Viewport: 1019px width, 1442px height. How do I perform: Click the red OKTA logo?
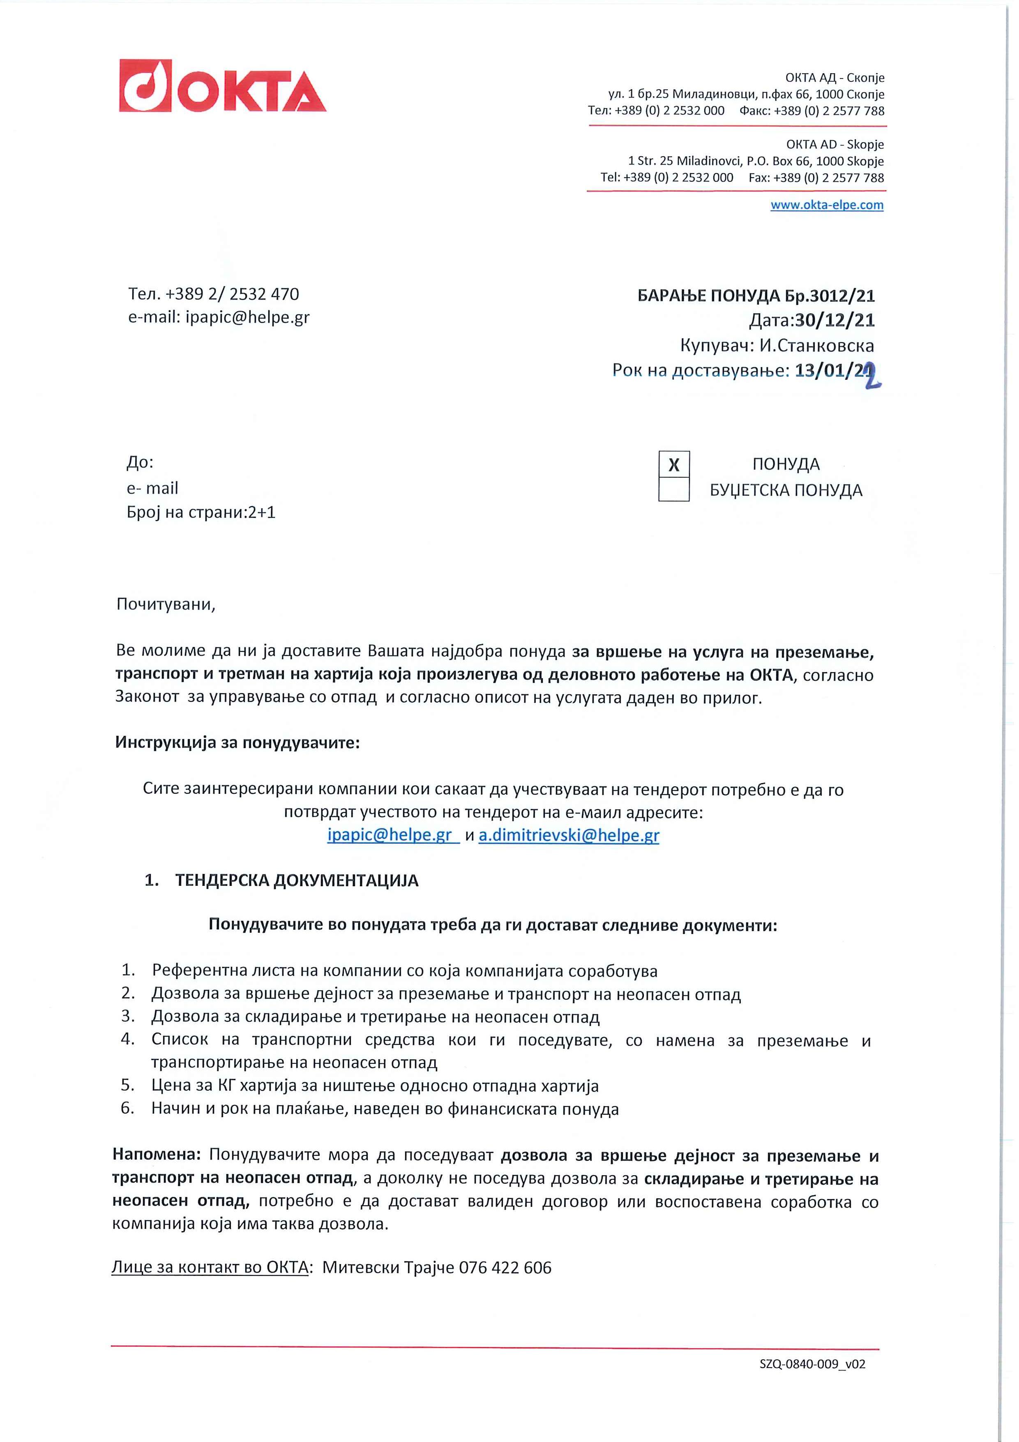[222, 86]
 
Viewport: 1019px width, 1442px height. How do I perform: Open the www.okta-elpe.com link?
[826, 205]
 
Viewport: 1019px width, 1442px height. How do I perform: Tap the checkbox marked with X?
[674, 465]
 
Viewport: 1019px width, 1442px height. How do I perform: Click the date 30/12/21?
[835, 320]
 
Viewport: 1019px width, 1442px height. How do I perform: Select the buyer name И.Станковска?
[816, 345]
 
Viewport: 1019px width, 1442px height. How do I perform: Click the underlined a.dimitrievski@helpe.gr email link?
[569, 835]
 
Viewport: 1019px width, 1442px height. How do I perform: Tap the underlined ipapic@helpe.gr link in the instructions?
[390, 835]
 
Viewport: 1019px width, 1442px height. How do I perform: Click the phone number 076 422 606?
[505, 1267]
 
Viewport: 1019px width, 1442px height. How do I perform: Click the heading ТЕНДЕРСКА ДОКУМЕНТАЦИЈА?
[296, 880]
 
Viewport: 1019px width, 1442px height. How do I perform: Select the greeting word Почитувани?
[166, 604]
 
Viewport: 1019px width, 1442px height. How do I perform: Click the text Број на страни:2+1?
[201, 513]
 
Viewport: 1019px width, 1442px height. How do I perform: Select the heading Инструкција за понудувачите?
[237, 743]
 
